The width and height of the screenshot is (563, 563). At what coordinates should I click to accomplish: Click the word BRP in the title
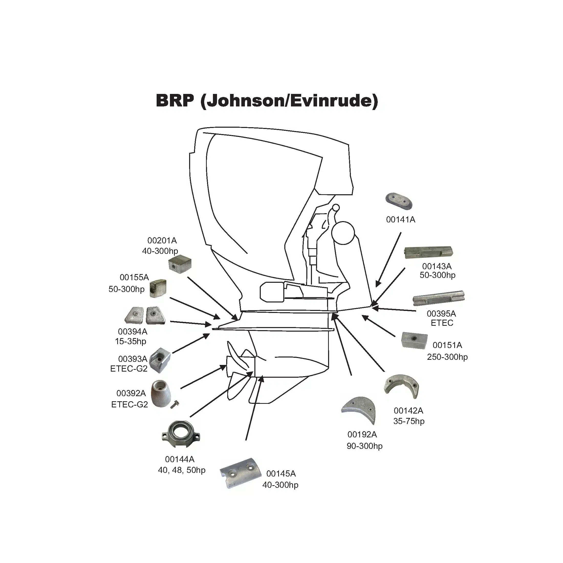175,101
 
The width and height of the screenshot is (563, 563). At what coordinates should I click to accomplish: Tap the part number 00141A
401,219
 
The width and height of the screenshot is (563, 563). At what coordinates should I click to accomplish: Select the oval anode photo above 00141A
399,201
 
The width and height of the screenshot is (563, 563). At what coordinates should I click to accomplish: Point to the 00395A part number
441,313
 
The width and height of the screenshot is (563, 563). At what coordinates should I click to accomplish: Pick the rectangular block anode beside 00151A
414,340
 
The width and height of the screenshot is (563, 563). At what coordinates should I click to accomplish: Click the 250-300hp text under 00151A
447,357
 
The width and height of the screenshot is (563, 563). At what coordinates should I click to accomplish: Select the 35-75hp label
409,421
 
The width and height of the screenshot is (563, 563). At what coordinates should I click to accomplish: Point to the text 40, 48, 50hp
181,470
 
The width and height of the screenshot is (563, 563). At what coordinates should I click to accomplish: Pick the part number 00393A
133,359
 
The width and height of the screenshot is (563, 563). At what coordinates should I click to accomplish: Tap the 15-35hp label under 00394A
131,341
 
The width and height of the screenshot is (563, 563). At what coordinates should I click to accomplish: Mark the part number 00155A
134,277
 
